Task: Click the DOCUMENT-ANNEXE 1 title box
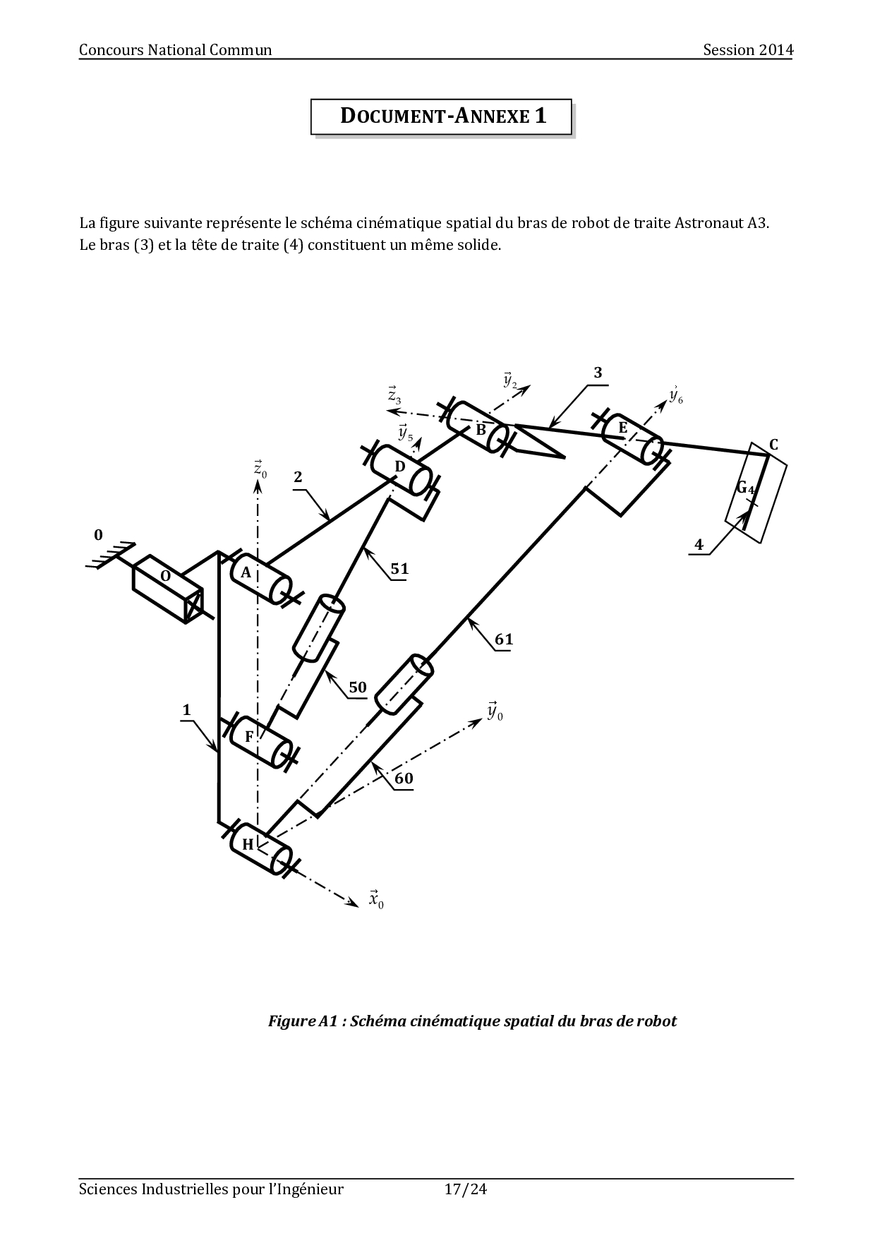point(441,116)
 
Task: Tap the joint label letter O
point(166,576)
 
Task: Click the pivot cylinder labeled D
point(402,471)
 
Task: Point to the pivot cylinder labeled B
point(478,426)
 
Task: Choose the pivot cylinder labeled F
point(261,741)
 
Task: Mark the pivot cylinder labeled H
point(261,848)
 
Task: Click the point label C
point(773,445)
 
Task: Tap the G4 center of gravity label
point(746,488)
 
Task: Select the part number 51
point(399,569)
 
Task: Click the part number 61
point(504,640)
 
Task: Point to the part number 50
point(358,687)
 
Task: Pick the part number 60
point(404,779)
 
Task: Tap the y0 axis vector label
point(495,711)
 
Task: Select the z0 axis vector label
point(260,469)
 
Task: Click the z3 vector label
point(394,395)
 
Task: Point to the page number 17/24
point(466,1189)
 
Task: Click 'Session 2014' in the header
point(748,49)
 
